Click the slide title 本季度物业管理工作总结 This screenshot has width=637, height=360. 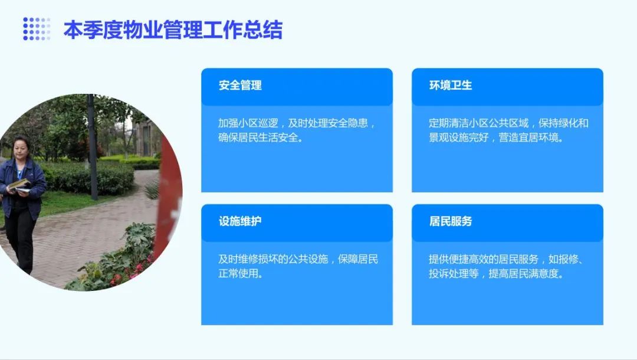(x=173, y=30)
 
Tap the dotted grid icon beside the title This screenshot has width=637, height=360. (x=37, y=29)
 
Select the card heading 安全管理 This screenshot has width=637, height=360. (x=240, y=86)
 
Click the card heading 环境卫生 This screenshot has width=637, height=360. (x=451, y=86)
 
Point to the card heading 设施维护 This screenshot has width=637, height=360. (x=240, y=221)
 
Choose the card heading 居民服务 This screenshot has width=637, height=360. (x=451, y=221)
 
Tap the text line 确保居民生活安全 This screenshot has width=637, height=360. (x=261, y=138)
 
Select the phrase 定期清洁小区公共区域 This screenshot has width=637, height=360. (x=478, y=123)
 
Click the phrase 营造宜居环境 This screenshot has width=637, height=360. (x=531, y=138)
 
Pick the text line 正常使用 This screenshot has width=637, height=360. (x=241, y=273)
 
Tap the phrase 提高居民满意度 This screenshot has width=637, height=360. (x=526, y=273)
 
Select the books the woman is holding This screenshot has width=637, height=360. (x=19, y=186)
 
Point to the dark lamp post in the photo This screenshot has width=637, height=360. (x=92, y=147)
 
